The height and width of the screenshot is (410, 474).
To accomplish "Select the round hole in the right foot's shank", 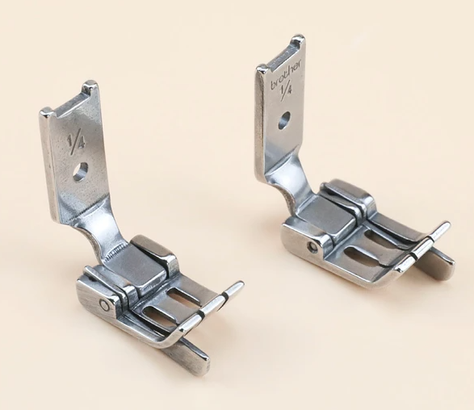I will [x=283, y=122].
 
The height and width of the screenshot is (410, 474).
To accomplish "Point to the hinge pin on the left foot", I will [x=104, y=304].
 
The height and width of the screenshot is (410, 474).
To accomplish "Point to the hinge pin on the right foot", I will [x=312, y=247].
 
